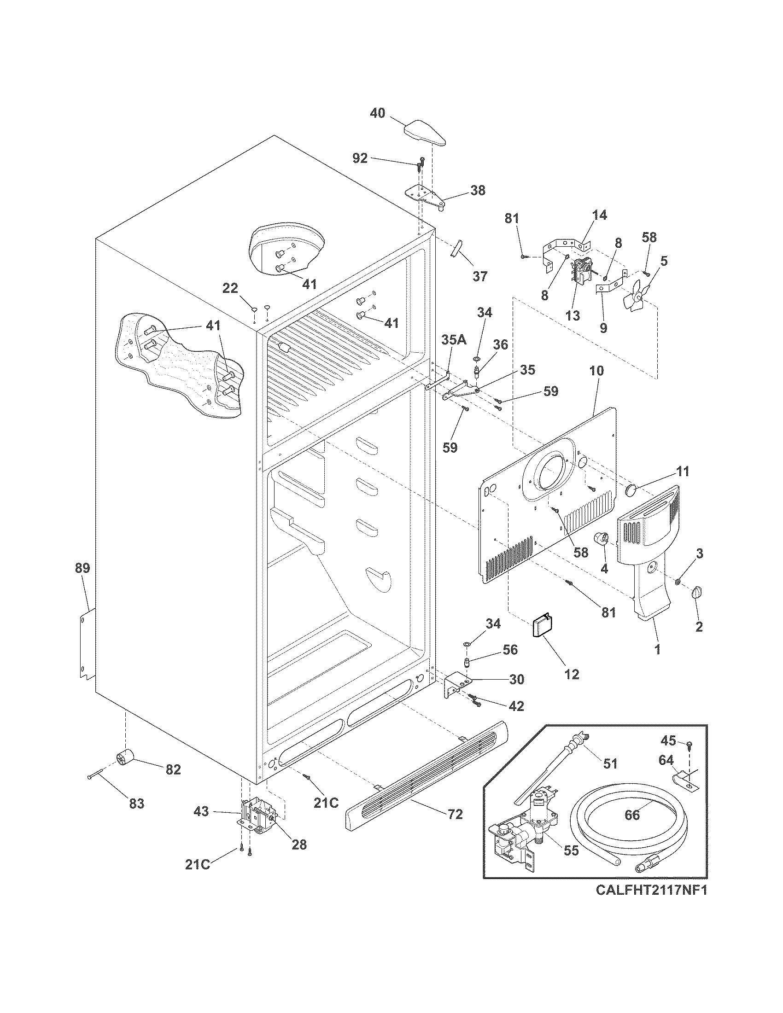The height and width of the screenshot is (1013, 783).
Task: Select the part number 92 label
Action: click(360, 159)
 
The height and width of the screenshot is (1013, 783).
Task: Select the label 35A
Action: click(453, 340)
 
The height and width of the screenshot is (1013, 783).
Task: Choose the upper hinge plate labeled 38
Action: click(426, 194)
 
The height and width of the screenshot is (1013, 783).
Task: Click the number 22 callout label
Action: click(230, 289)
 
